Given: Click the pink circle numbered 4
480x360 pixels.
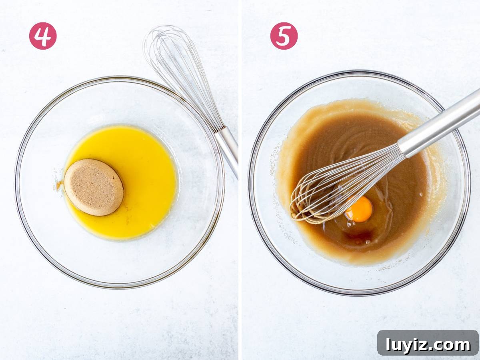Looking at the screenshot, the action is point(43,36).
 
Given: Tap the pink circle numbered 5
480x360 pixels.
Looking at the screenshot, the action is point(284,36).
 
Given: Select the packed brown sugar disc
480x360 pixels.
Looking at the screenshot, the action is point(94,187).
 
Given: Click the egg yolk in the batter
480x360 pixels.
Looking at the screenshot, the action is point(359,209).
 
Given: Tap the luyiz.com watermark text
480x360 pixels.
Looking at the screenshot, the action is point(428,345).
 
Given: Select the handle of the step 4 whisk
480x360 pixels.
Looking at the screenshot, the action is point(228,151).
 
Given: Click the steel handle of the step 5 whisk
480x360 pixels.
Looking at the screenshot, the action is point(440,122).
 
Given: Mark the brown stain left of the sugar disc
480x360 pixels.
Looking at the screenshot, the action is point(59,185).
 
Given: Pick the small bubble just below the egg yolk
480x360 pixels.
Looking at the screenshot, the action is point(351,223).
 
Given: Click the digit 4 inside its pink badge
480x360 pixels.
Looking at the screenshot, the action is point(43,36).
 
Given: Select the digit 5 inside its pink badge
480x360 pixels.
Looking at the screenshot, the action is point(284,36).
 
